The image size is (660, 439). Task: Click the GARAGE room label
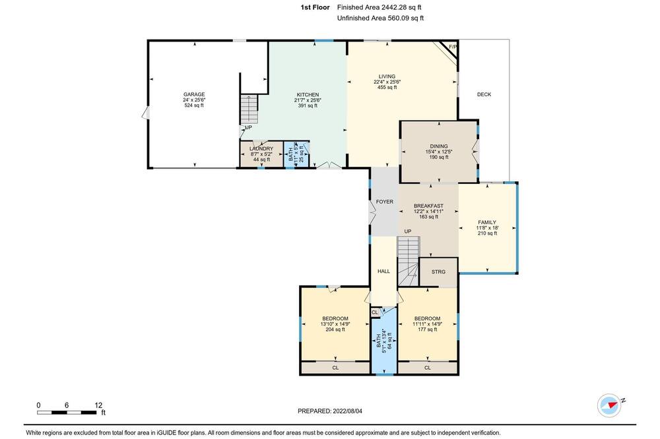pos(194,95)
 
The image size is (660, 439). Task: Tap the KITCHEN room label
pos(308,95)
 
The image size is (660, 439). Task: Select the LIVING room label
pos(387,76)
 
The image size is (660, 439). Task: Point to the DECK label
pos(484,95)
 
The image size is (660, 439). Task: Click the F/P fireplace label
pos(453,47)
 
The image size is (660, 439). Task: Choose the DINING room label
pos(439,146)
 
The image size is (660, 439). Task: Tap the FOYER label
pos(385,202)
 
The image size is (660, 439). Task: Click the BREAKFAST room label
pos(428,206)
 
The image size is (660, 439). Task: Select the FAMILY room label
pos(487,222)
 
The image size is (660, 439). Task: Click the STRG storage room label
pos(439,272)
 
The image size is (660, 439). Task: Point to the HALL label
pos(384,272)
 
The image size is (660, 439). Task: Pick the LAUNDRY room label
pos(261,149)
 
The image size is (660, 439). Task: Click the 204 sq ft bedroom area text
pos(335,330)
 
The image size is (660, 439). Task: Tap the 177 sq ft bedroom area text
pos(427,330)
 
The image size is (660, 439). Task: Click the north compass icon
pos(610,405)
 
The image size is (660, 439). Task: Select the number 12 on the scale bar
pos(98,405)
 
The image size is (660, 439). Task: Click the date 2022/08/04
pos(347,411)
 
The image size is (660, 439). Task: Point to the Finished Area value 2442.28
pos(395,7)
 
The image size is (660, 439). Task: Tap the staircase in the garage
pos(249,109)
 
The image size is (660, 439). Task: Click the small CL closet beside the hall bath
pos(375,312)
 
